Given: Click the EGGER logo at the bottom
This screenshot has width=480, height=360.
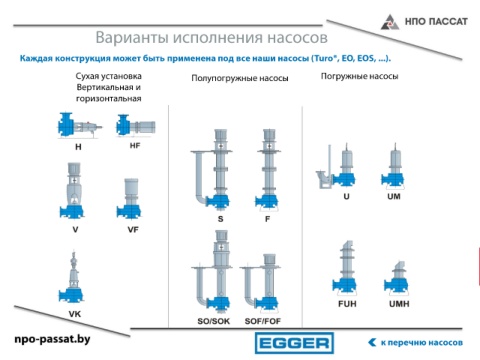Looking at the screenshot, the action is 294,343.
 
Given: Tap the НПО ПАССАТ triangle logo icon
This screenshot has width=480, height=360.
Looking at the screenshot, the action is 390,22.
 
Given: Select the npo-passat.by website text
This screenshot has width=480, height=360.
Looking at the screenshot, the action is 52,339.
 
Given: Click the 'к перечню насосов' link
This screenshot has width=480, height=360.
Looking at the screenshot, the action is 415,342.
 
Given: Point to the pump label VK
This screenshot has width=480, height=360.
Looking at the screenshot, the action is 75,314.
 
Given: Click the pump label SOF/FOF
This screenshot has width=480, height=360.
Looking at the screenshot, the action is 263,321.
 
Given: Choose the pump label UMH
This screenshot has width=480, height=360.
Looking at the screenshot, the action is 399,304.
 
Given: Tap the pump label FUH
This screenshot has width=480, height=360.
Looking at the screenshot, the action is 347,304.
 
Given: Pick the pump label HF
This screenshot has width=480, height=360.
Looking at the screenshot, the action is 135,146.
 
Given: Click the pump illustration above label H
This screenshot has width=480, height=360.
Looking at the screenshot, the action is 79,126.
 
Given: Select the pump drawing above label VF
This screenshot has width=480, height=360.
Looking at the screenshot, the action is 129,198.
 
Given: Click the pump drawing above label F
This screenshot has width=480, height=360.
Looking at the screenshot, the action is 268,170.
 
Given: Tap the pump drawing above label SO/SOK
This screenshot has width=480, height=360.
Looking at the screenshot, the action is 212,272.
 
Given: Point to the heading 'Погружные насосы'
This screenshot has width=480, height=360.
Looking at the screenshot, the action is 359,76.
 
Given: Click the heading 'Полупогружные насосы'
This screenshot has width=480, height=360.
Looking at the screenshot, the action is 240,78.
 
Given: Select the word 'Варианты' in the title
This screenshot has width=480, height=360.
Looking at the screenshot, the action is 132,38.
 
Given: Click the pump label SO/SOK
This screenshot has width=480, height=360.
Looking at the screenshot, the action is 214,321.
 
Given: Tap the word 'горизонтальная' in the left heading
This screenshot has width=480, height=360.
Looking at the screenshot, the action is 109,99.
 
